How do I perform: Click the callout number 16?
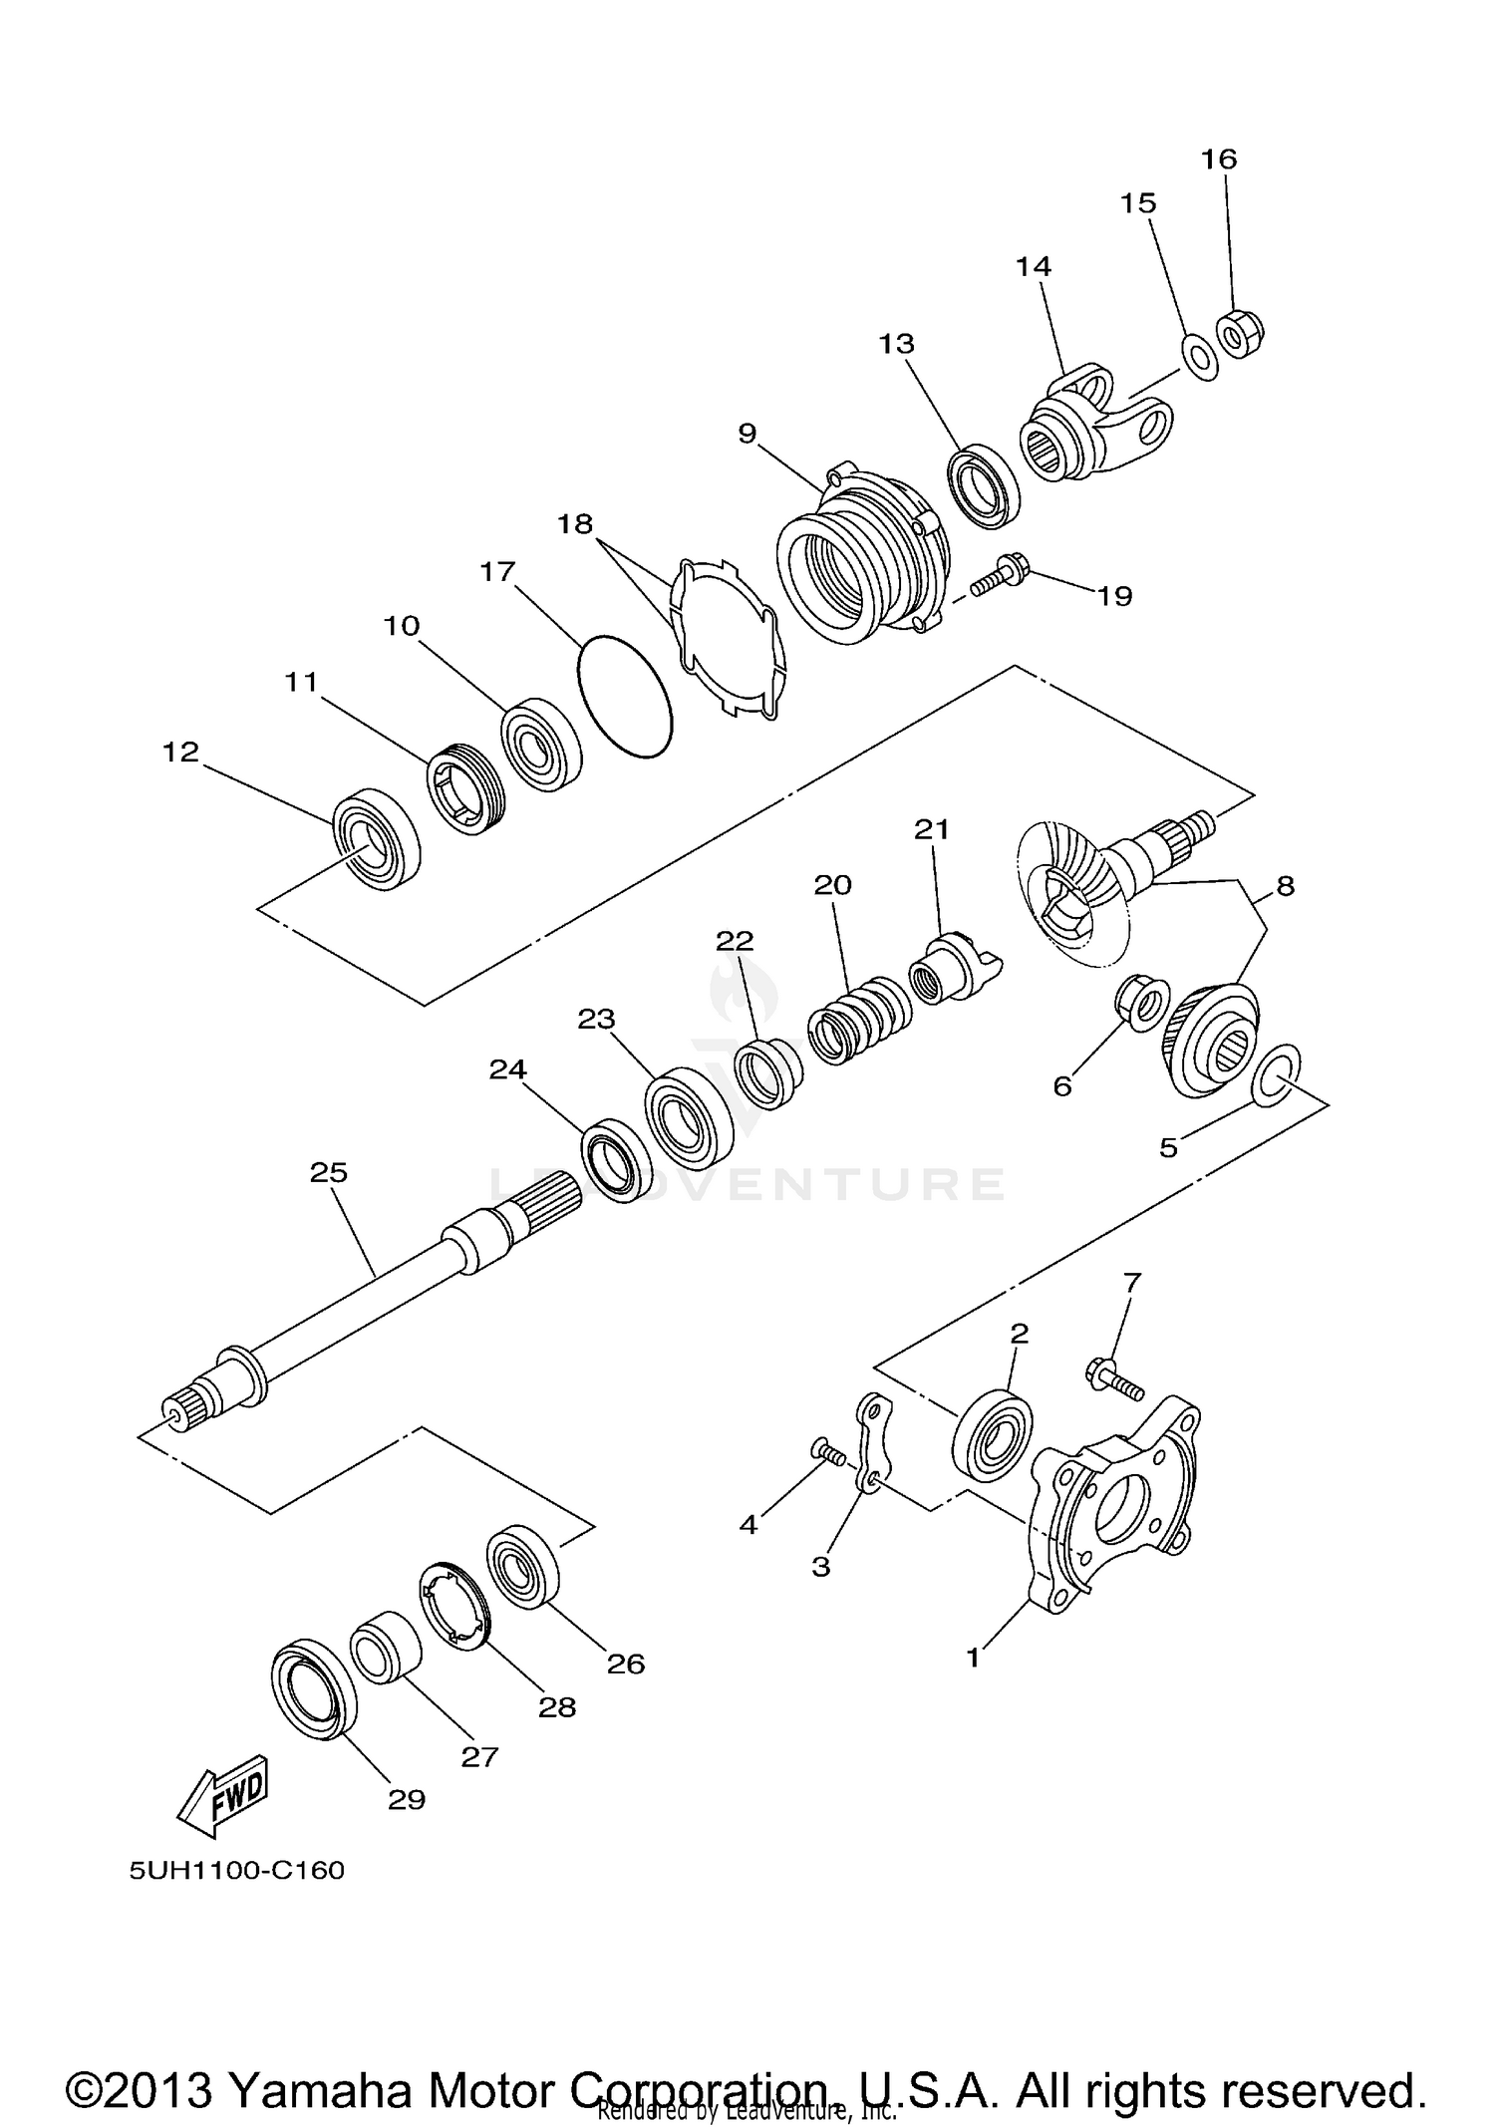point(1218,159)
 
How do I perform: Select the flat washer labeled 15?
point(1199,356)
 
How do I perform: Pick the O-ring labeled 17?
point(625,695)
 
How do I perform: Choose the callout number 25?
point(328,1172)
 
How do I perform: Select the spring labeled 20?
point(859,1021)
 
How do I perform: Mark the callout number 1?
point(974,1657)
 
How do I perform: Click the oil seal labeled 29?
point(314,1693)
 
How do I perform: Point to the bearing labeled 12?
point(376,838)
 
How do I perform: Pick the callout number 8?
point(1285,885)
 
